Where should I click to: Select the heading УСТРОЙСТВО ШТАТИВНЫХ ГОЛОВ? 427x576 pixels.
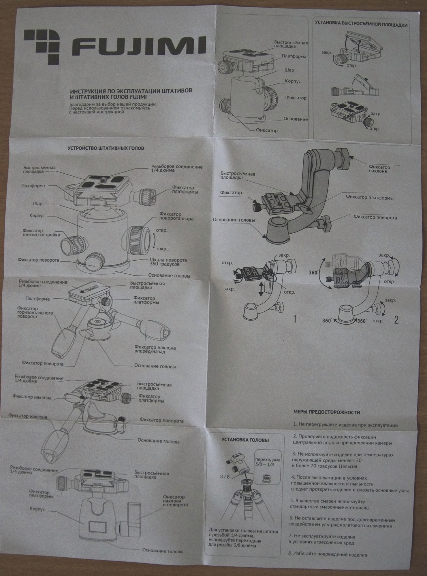point(106,148)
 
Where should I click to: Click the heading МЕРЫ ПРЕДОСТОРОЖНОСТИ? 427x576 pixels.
point(326,412)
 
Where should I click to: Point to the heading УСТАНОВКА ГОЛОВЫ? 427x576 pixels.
point(245,440)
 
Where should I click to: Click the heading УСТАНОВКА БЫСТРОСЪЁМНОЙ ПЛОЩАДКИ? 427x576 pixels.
point(361,25)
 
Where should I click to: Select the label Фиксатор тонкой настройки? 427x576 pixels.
point(41,232)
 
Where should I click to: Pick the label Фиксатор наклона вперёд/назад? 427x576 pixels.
point(155,350)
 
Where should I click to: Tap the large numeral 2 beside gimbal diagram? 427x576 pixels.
point(396,320)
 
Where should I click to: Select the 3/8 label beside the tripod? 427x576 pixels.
point(225,476)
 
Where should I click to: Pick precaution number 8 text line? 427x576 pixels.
point(328,555)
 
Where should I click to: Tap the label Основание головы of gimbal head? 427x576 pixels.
point(234,220)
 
